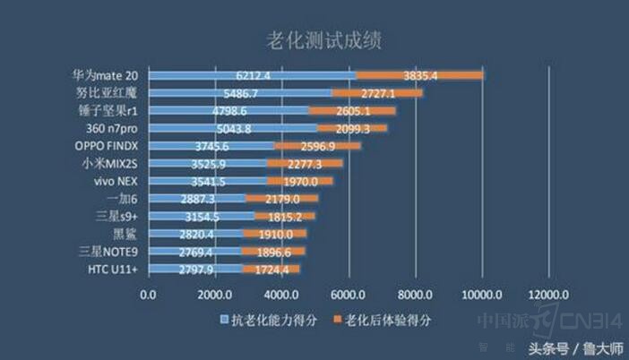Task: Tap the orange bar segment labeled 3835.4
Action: (420, 75)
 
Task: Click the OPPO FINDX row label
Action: (108, 146)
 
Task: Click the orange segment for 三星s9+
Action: (285, 217)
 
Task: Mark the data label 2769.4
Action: (195, 252)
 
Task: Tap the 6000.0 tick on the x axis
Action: (348, 295)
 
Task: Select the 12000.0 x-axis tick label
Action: (547, 295)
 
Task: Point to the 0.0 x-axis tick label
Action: (149, 295)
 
